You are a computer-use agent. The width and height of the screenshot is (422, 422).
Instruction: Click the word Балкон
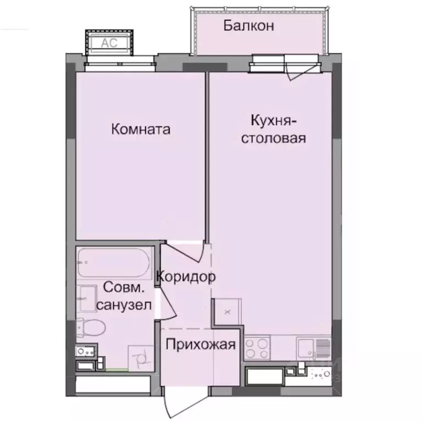(248, 26)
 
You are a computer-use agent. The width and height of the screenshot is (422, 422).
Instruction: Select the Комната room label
(141, 130)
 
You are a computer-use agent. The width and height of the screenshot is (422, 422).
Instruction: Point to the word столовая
(274, 138)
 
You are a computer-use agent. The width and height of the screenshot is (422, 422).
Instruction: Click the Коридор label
(186, 277)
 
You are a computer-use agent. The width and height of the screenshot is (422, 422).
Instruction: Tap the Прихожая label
(201, 345)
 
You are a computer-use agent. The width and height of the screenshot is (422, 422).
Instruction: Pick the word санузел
(124, 306)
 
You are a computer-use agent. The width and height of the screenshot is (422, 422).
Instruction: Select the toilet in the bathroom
(90, 328)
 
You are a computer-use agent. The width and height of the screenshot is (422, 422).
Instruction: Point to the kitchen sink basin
(307, 348)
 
